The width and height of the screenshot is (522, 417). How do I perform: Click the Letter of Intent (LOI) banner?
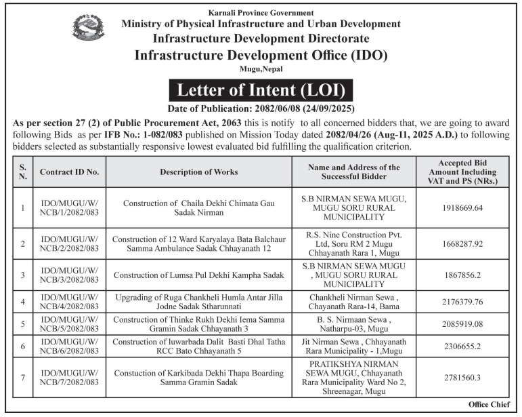261,90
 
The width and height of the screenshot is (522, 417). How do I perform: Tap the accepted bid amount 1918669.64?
460,207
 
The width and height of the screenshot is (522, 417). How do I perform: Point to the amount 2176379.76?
460,301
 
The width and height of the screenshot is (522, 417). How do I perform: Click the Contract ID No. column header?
69,172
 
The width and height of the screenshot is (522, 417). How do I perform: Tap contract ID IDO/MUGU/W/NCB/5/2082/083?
69,323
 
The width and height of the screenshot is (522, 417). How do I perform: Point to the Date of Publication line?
261,108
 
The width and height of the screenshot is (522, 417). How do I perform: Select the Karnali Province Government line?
261,13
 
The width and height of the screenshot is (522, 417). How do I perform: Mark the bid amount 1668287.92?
460,243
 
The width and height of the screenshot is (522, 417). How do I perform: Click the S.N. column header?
23,172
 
